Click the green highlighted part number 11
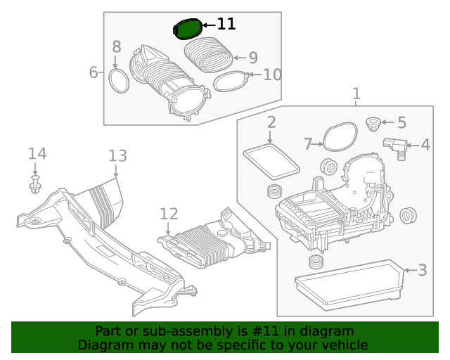pos(187,30)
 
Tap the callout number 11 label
pos(226,24)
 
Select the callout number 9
pos(253,58)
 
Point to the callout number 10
pos(272,74)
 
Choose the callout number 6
pos(94,72)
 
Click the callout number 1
pos(356,94)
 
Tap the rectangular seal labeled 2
pos(271,161)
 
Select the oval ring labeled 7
pos(340,136)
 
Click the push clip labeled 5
pos(373,127)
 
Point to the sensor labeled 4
pos(396,147)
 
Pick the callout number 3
pos(422,269)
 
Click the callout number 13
pos(117,156)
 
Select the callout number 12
pos(169,213)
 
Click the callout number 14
pos(37,153)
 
